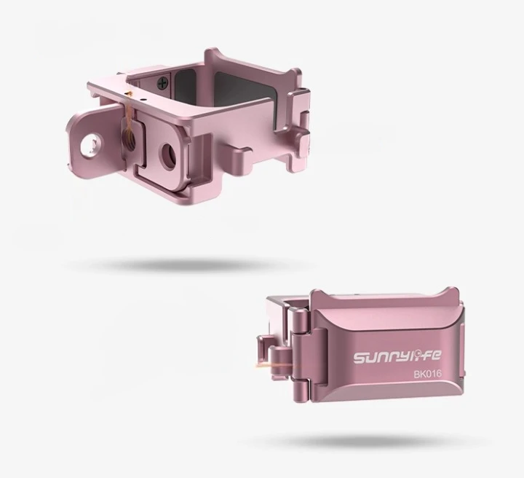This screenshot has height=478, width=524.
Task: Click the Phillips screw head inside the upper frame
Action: [163, 82]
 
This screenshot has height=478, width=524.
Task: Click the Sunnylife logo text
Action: [397, 356]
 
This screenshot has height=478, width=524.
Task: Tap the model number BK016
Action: [428, 374]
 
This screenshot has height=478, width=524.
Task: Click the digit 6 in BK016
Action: [439, 374]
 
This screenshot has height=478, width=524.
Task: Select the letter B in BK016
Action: [417, 375]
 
